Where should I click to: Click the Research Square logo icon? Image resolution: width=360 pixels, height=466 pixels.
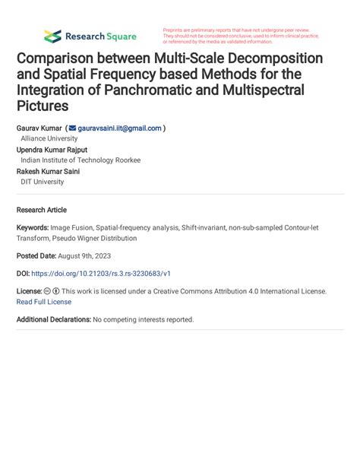click(52, 36)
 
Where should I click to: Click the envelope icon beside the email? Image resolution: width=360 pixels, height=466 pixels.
click(72, 128)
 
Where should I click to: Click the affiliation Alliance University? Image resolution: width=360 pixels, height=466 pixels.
click(49, 139)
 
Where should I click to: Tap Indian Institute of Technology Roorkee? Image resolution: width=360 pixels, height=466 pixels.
click(81, 160)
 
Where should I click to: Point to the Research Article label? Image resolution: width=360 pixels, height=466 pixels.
click(42, 210)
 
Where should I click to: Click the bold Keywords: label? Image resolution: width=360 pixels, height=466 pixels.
click(33, 227)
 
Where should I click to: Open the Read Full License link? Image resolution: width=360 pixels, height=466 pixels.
click(44, 301)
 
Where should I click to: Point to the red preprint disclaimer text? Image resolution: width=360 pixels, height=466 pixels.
click(241, 36)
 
